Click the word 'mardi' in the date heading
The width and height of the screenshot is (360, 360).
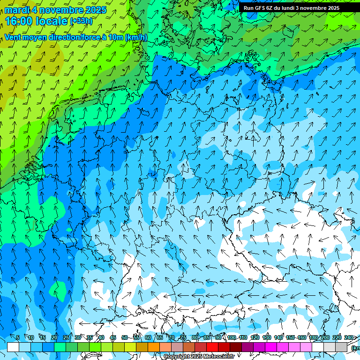coord(17,10)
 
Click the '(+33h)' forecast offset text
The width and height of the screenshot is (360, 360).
coord(82,21)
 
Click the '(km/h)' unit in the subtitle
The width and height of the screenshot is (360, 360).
coord(136,37)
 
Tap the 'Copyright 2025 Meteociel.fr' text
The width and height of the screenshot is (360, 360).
coord(199,356)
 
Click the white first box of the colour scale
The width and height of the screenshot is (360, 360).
coord(13,347)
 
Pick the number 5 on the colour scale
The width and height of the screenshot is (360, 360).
coord(18,337)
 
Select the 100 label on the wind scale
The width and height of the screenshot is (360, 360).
coord(232,337)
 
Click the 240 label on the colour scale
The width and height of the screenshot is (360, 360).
coord(349,337)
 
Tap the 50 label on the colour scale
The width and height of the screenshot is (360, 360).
coord(124,337)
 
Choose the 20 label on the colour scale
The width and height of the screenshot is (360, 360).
coord(54,337)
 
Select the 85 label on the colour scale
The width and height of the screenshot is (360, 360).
coord(207,337)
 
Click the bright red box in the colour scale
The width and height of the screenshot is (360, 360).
coord(212,347)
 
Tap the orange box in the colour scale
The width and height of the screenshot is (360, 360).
coord(154,347)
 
